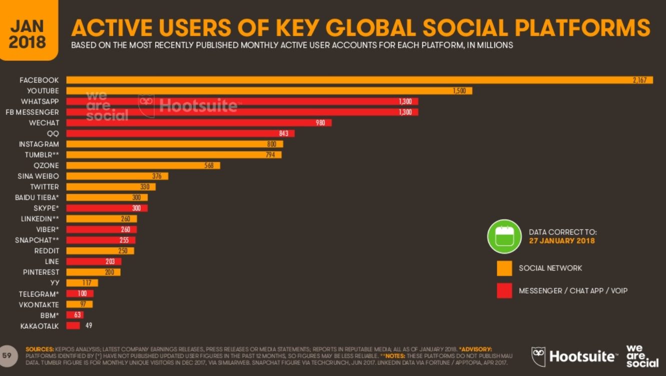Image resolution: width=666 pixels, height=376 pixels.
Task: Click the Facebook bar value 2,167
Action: [639, 80]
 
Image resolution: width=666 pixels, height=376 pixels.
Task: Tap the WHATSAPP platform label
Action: [40, 101]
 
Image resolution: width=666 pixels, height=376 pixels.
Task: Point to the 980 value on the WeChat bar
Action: [320, 123]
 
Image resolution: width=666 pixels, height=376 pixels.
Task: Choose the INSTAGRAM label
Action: [39, 144]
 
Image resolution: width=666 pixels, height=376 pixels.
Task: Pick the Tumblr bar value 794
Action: [271, 155]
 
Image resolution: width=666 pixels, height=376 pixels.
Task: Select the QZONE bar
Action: [143, 165]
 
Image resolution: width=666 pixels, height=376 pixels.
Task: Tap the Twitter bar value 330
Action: [145, 187]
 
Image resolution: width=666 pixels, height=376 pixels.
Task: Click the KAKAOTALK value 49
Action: [88, 326]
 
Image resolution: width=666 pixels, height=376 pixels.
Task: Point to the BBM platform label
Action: [50, 315]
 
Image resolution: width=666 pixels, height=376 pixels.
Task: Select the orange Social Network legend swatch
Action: [504, 268]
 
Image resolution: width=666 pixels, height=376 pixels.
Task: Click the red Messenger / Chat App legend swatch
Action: [504, 290]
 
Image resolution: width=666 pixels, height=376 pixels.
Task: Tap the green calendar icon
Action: [504, 236]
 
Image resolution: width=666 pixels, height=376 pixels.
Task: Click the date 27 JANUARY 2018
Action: [562, 240]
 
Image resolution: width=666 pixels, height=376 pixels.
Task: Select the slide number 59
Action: [7, 355]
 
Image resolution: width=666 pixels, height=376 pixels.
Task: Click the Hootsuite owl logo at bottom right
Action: [538, 356]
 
